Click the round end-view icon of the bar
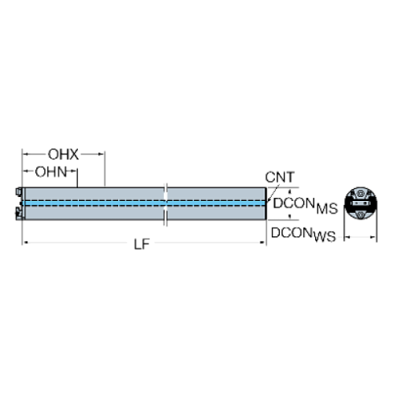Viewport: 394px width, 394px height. coord(359,203)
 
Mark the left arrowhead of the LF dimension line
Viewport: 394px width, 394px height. coord(27,242)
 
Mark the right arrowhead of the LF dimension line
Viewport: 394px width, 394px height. coord(263,242)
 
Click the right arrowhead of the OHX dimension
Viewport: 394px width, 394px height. coord(101,151)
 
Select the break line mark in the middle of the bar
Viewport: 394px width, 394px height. coord(165,205)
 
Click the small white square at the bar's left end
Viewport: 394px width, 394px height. coord(18,193)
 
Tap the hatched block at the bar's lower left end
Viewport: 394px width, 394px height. coord(18,213)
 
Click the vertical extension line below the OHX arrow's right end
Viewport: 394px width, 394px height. coord(105,170)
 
